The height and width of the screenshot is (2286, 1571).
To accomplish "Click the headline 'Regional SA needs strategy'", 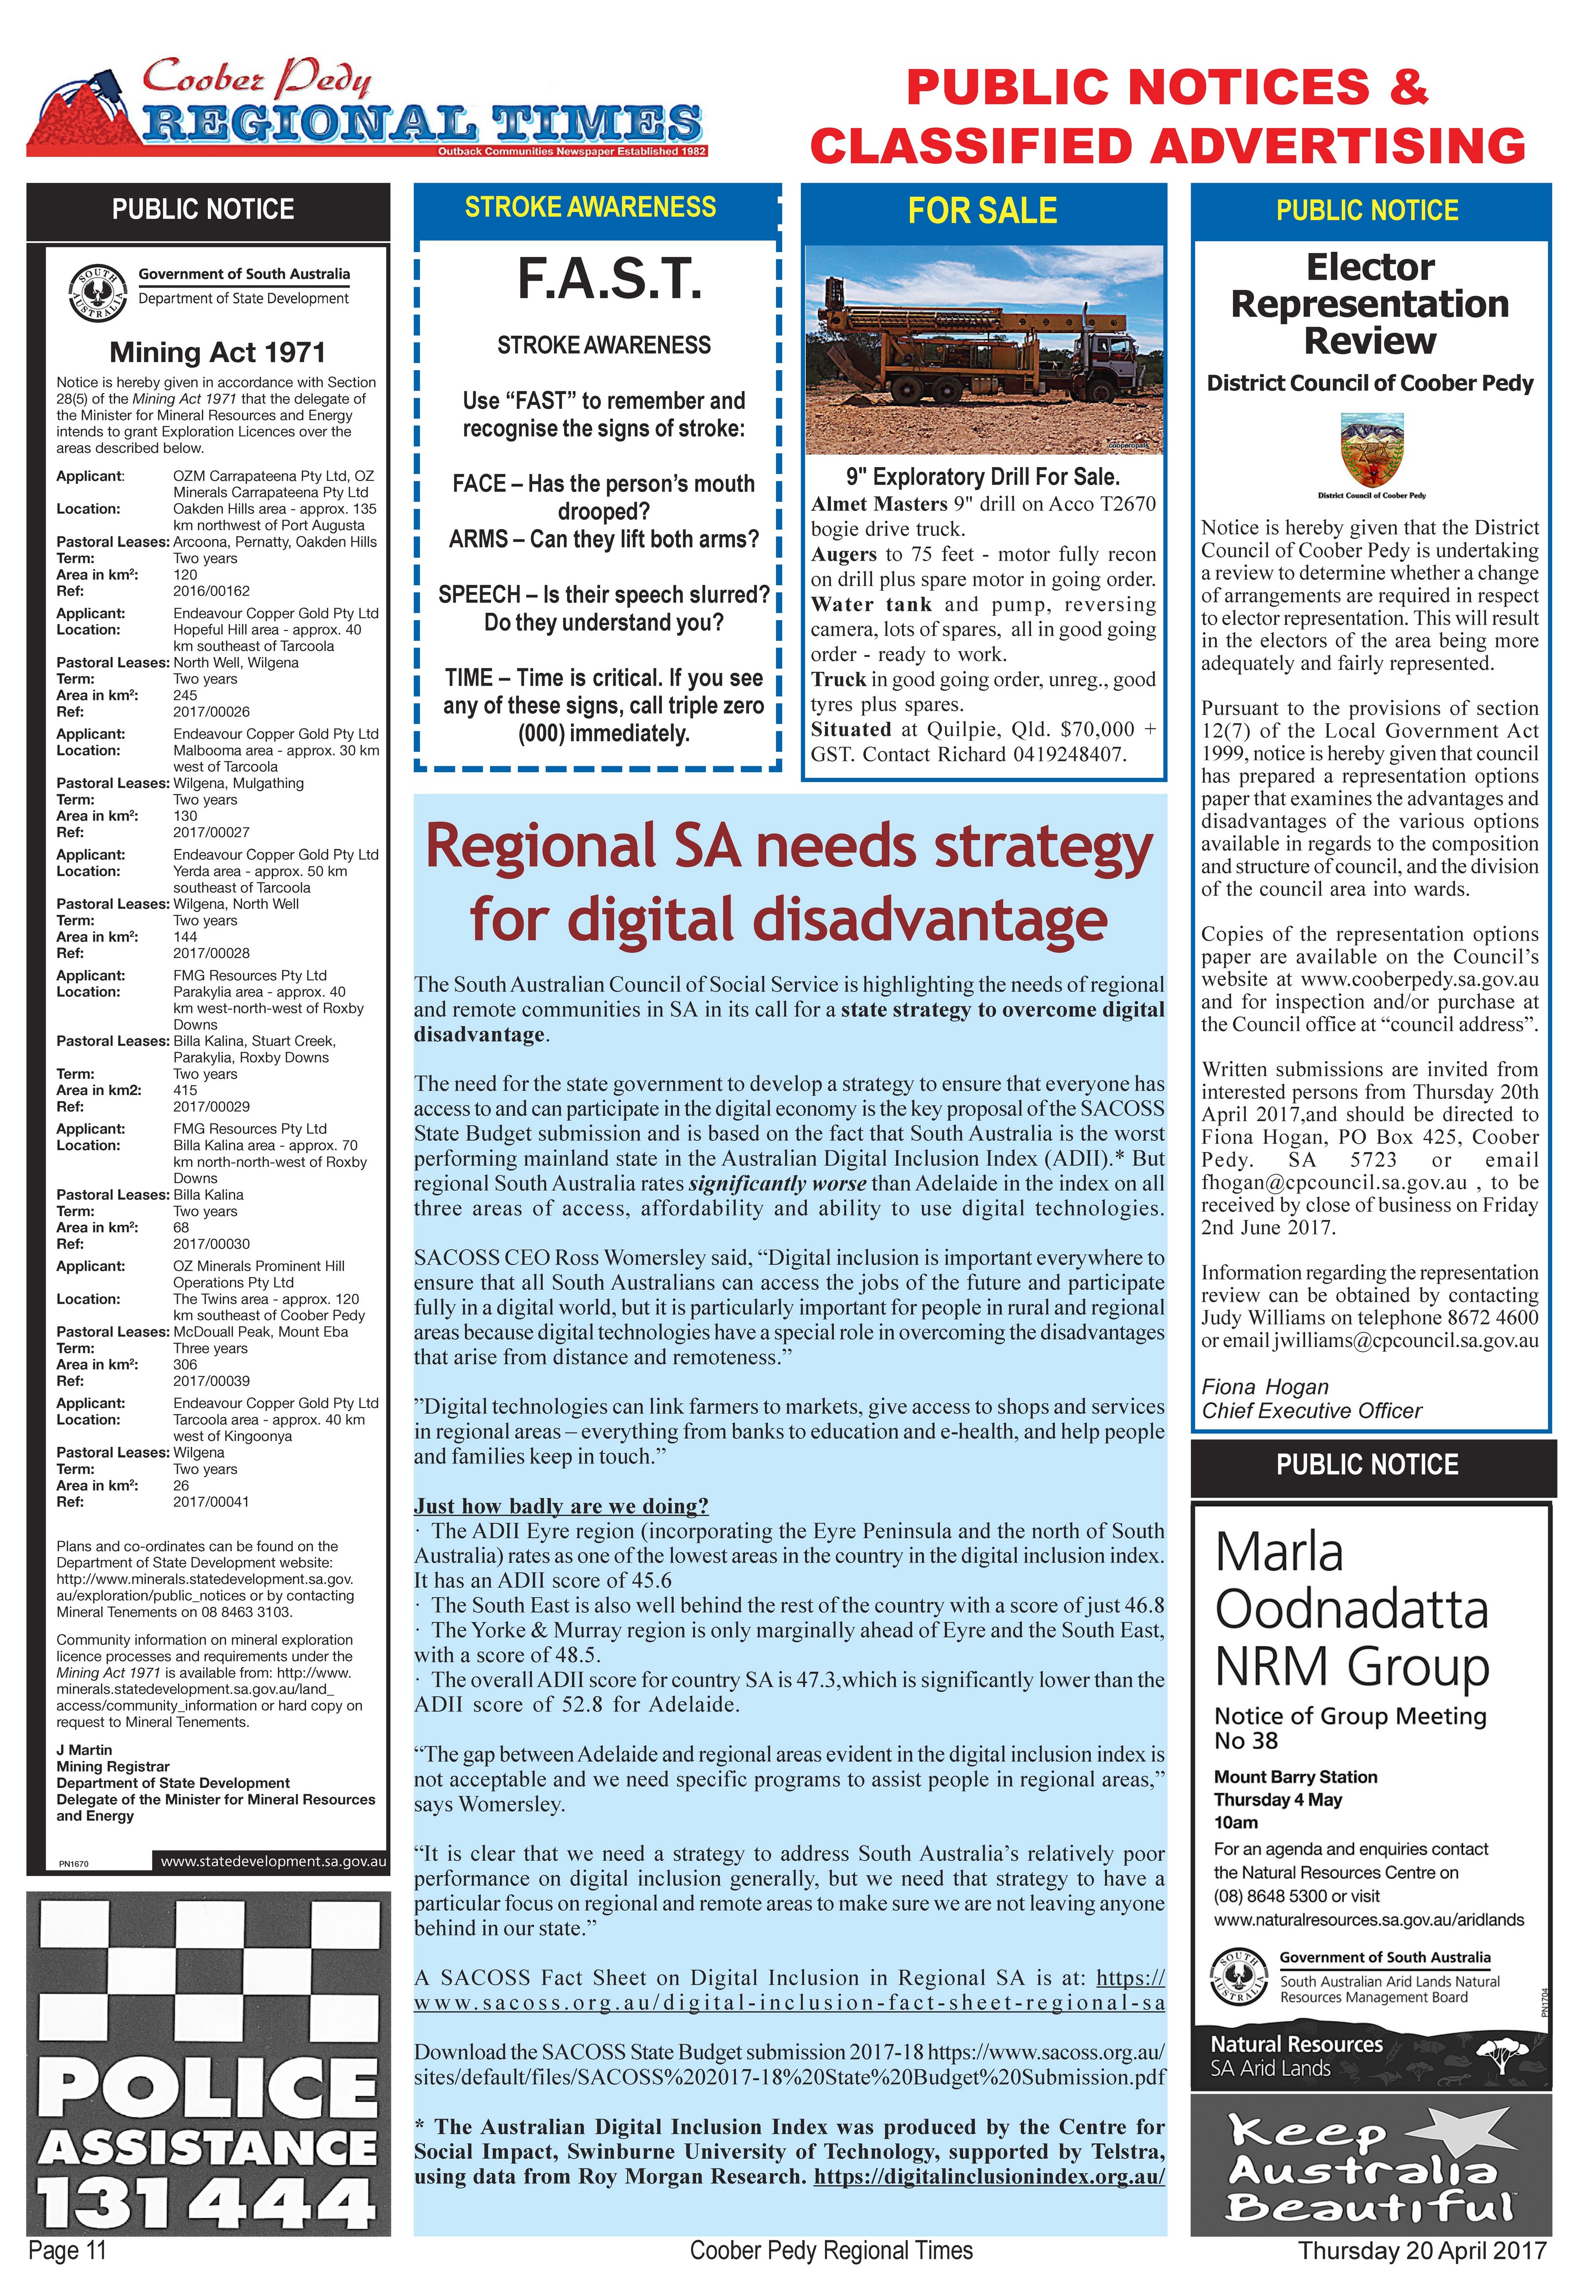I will (788, 847).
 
